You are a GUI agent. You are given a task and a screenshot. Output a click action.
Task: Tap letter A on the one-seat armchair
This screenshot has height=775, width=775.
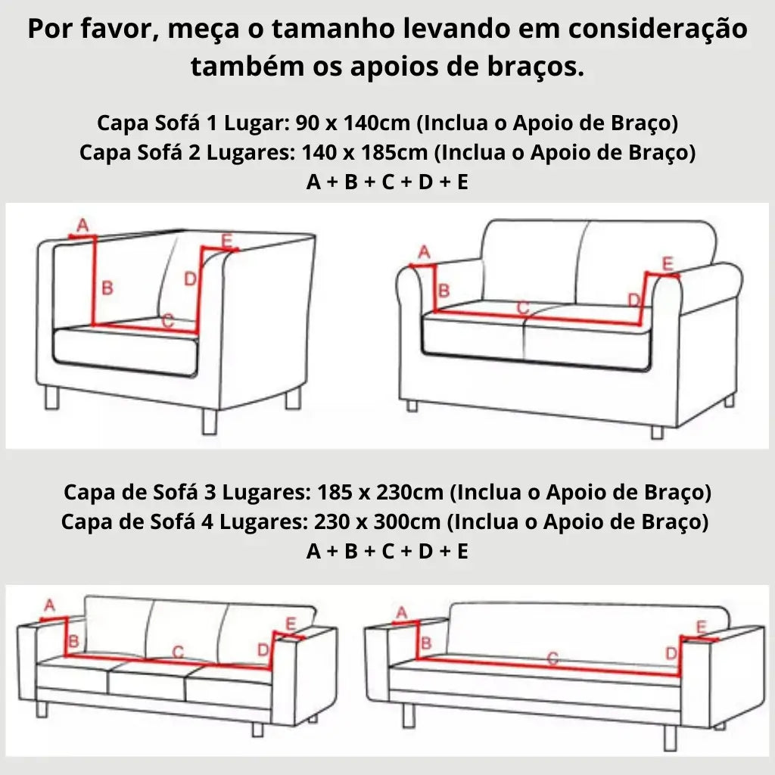(x=83, y=225)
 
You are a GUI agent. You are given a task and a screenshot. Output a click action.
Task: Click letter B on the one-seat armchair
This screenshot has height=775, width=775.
(x=107, y=288)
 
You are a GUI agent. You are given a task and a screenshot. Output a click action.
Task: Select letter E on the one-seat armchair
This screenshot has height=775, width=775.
(x=226, y=241)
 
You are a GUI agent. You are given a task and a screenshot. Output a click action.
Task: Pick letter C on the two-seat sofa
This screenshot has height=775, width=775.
(x=522, y=307)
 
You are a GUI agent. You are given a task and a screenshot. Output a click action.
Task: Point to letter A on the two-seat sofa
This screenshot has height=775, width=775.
(x=424, y=251)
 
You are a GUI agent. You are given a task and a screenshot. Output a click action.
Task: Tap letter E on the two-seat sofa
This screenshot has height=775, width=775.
(x=667, y=263)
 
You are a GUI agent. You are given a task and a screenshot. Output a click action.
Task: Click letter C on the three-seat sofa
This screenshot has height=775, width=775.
(x=178, y=651)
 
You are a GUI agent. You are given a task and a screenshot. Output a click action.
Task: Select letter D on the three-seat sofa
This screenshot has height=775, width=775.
(x=263, y=649)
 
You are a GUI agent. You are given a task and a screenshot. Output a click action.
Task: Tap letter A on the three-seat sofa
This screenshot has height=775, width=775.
(x=50, y=605)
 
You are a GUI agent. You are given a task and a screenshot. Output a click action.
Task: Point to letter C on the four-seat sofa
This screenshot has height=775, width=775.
(x=552, y=658)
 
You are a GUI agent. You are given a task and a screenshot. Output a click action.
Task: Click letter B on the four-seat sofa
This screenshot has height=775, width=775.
(x=425, y=643)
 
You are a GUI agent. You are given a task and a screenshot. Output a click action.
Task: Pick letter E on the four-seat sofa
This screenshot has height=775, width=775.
(x=701, y=627)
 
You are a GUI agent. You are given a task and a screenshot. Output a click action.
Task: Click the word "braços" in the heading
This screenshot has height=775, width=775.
(x=536, y=66)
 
